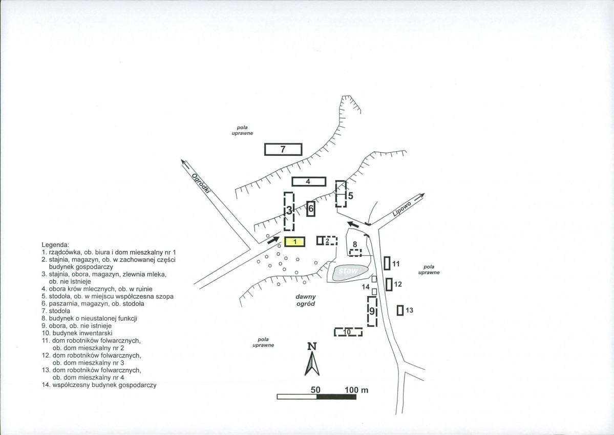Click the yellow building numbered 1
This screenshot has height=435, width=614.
pos(294,242)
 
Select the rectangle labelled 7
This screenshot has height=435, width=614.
pos(283,149)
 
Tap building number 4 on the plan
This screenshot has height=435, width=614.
pos(309,181)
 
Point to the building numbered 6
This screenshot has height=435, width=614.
pos(310,209)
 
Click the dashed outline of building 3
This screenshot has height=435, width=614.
pos(285,212)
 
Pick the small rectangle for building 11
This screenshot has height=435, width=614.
pos(387,263)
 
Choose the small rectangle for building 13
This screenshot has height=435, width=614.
pos(400,310)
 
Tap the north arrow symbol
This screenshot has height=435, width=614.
pos(312,363)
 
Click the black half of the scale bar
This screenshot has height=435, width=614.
pos(336,397)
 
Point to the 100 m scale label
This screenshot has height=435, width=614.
pos(356,390)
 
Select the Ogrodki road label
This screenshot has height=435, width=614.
pos(202,183)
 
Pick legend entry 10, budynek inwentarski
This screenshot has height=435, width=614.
pos(77,333)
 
